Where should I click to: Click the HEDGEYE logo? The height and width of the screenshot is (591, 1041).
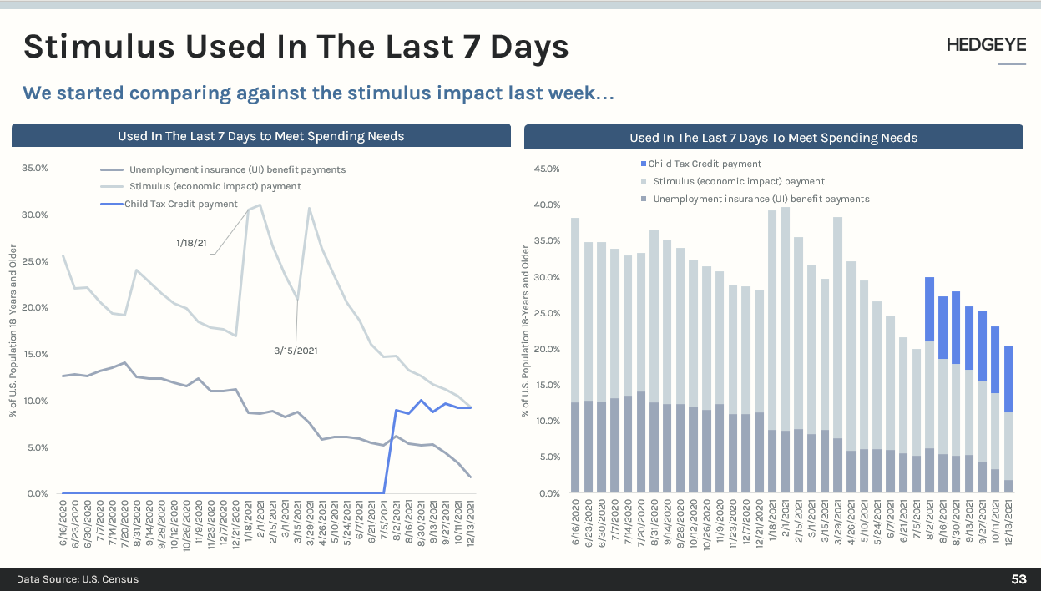986,45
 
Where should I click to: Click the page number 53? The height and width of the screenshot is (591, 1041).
1018,579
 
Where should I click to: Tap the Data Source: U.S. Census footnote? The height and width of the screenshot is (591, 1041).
78,579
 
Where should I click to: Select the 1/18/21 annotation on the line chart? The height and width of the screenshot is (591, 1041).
192,242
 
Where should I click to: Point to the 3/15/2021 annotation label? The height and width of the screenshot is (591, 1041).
296,351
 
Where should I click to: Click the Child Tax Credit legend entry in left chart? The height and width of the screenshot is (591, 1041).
181,204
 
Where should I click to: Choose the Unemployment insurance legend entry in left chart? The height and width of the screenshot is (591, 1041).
237,169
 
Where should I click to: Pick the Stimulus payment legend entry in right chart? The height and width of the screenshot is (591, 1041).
739,181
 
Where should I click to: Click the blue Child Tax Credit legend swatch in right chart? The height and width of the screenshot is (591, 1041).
644,164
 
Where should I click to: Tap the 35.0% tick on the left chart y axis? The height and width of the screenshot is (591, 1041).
34,169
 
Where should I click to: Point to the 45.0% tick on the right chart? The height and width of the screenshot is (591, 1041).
546,169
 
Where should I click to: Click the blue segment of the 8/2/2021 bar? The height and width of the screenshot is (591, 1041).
929,309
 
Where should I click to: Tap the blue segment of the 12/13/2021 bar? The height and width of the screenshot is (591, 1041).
1008,378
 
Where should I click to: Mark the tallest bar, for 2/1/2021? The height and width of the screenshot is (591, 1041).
785,351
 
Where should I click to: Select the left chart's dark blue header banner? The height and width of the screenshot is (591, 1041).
260,136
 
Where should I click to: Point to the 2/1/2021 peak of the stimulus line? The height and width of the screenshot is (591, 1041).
260,205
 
